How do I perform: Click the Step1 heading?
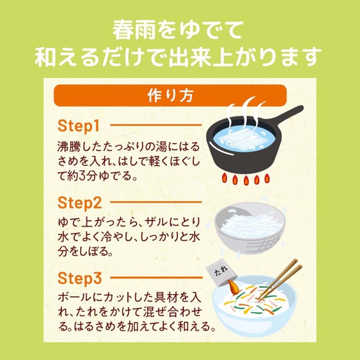tap(79, 126)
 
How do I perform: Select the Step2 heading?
tap(79, 203)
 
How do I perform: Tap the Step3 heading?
tap(79, 278)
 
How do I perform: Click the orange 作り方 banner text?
tap(170, 96)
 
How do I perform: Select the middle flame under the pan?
tap(246, 180)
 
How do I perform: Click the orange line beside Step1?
tap(156, 125)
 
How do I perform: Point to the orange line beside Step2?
tap(156, 202)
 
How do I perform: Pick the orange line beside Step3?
tap(156, 277)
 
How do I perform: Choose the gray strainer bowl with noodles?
tap(250, 228)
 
